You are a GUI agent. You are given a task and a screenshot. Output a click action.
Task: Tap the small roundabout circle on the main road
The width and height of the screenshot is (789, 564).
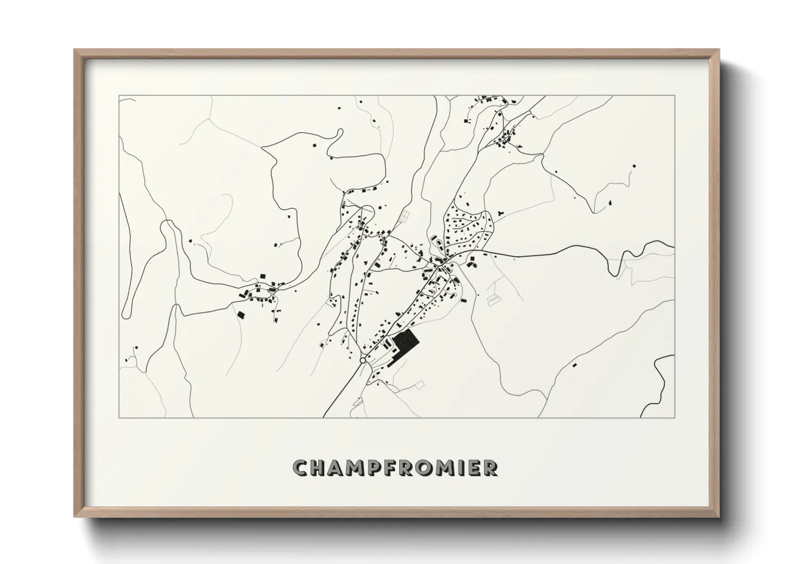[363, 361]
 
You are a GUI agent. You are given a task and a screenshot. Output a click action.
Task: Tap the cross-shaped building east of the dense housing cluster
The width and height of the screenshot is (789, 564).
[500, 212]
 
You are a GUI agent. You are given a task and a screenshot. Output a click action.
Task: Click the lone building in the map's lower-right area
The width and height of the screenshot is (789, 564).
[574, 365]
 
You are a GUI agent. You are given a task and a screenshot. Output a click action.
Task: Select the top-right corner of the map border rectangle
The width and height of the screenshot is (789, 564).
[674, 95]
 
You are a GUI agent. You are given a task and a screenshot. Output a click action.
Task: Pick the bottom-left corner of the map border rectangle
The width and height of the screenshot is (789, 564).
[119, 417]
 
